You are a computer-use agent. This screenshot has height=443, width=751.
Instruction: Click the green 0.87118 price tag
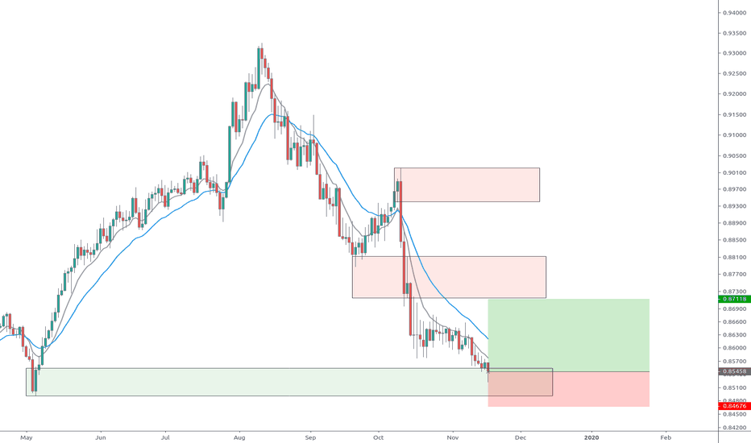pyautogui.click(x=733, y=299)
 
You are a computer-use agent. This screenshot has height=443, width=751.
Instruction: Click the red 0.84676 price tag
pyautogui.click(x=733, y=406)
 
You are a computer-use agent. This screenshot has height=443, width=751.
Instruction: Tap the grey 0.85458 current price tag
pyautogui.click(x=733, y=371)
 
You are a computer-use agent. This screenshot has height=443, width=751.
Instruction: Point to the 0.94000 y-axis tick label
pyautogui.click(x=734, y=13)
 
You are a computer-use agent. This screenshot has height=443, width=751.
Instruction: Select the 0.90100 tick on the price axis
pyautogui.click(x=734, y=172)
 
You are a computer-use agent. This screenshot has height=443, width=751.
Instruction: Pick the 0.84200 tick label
pyautogui.click(x=734, y=428)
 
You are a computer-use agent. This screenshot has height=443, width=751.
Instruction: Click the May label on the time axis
pyautogui.click(x=27, y=437)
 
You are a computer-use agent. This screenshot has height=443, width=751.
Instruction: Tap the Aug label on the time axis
pyautogui.click(x=239, y=437)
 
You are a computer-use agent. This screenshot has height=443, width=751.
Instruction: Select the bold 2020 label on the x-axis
pyautogui.click(x=592, y=437)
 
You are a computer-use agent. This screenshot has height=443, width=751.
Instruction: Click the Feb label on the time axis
pyautogui.click(x=665, y=437)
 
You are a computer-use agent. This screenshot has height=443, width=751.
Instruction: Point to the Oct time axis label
pyautogui.click(x=379, y=437)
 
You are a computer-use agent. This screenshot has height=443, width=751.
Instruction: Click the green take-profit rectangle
pyautogui.click(x=568, y=334)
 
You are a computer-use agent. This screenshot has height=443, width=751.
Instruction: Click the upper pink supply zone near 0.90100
pyautogui.click(x=467, y=184)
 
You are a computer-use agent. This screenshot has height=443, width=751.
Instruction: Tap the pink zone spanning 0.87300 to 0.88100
pyautogui.click(x=449, y=277)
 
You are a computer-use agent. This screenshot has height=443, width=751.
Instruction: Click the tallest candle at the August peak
pyautogui.click(x=259, y=68)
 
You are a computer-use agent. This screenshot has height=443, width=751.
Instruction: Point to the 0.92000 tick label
pyautogui.click(x=734, y=93)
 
